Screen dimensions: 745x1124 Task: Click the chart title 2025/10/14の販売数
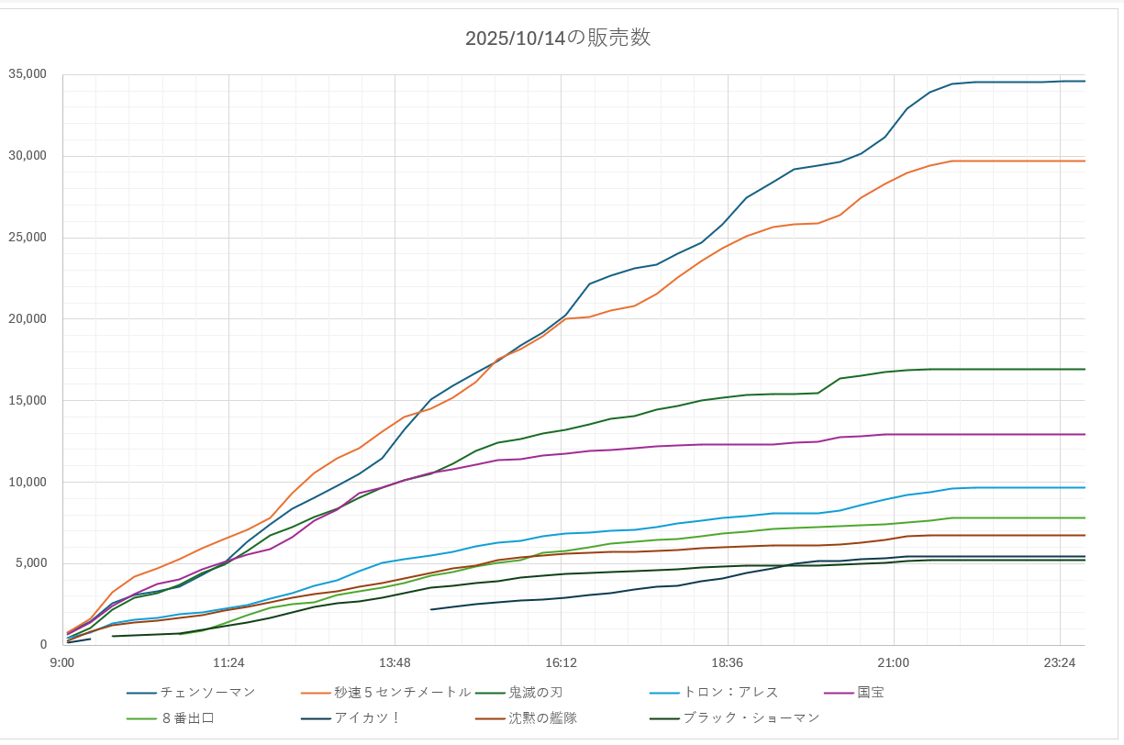(558, 38)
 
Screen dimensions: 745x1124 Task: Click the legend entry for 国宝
(871, 692)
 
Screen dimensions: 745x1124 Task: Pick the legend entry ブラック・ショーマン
(751, 717)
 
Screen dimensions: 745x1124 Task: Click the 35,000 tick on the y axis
(28, 74)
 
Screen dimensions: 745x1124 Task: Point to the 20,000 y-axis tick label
(28, 318)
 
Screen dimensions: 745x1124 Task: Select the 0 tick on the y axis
(42, 645)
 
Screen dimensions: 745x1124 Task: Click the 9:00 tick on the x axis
(62, 662)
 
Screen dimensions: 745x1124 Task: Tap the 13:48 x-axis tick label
(395, 662)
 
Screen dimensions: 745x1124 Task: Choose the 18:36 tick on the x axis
(728, 662)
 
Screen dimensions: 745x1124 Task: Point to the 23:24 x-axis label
(1060, 662)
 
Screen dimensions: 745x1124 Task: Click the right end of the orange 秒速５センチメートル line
(1085, 161)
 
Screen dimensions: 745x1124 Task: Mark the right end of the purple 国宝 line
(1085, 434)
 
